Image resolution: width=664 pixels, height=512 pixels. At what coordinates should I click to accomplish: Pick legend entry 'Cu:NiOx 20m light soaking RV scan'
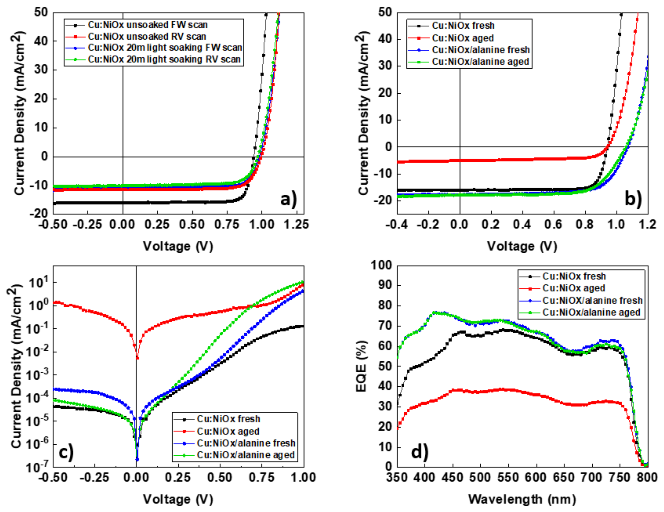pyautogui.click(x=164, y=59)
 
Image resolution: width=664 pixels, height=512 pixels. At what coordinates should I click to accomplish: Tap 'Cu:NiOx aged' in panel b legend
pyautogui.click(x=462, y=38)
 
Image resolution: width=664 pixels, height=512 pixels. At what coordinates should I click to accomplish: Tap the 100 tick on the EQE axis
pyautogui.click(x=381, y=265)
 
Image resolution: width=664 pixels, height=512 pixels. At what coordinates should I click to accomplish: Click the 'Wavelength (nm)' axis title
pyautogui.click(x=522, y=499)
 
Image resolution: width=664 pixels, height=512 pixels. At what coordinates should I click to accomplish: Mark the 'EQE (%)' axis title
pyautogui.click(x=361, y=366)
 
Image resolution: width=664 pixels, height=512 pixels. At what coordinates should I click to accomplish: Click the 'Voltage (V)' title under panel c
pyautogui.click(x=178, y=499)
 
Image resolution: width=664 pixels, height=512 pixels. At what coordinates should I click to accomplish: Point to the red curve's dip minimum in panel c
pyautogui.click(x=137, y=358)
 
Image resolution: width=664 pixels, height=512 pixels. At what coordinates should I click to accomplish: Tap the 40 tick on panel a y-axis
pyautogui.click(x=41, y=41)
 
